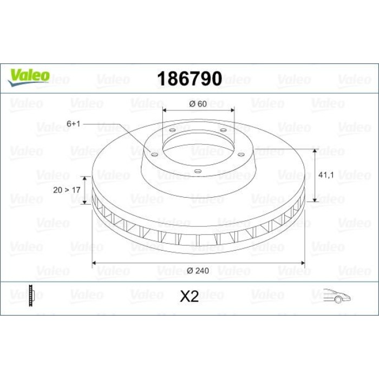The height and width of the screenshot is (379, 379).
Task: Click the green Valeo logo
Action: click(x=29, y=77)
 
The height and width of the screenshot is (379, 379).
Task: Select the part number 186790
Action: click(x=189, y=79)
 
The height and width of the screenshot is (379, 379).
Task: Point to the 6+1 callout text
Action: click(x=74, y=124)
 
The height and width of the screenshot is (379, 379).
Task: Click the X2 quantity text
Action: click(x=189, y=296)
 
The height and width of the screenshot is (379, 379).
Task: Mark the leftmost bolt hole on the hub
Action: click(x=155, y=155)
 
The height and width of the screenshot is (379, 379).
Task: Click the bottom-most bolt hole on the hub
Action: click(x=198, y=172)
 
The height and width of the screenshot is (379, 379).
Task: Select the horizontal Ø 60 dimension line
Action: click(x=199, y=110)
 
